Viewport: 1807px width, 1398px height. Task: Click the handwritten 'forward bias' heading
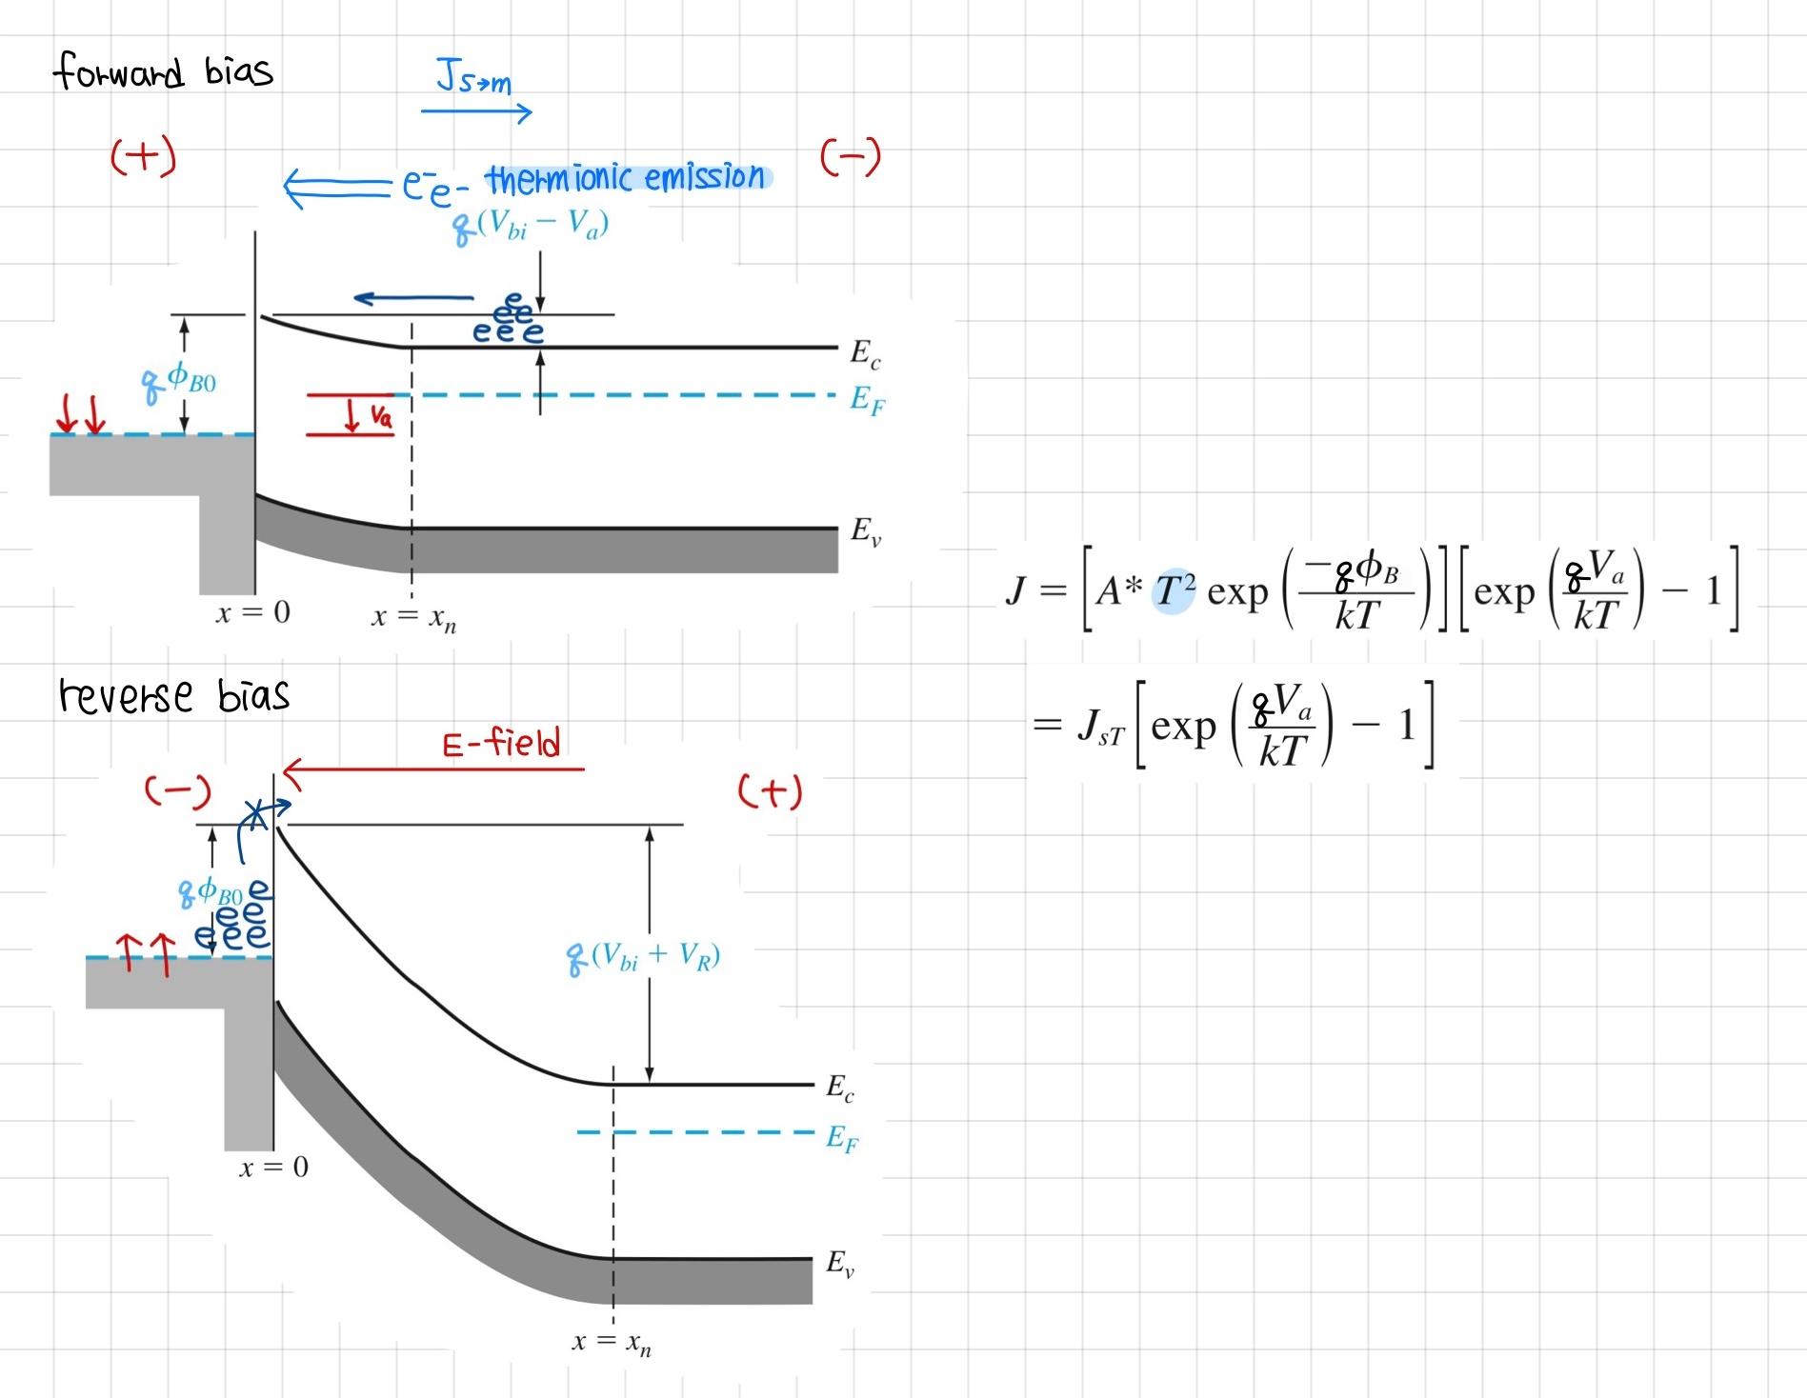click(x=163, y=72)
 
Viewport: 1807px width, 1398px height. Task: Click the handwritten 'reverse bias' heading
click(x=173, y=695)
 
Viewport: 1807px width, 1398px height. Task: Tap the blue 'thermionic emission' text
click(x=626, y=178)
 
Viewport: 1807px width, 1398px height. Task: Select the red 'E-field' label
click(x=502, y=743)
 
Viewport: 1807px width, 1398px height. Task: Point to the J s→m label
click(x=473, y=77)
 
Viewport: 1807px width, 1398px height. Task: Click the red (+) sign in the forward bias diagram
click(x=144, y=156)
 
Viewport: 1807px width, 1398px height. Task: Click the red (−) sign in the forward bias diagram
click(x=851, y=157)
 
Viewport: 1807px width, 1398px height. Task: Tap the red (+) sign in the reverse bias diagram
click(x=770, y=791)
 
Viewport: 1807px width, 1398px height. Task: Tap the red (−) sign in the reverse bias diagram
click(x=177, y=790)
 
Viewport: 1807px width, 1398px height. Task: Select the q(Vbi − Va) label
click(x=531, y=226)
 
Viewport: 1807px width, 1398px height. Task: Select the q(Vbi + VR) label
click(x=644, y=956)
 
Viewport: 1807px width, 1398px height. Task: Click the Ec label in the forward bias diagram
click(x=865, y=354)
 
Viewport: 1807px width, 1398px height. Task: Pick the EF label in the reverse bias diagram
click(x=841, y=1137)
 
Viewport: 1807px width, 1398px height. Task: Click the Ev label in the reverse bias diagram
click(x=840, y=1264)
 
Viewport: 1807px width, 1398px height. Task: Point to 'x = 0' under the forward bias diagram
click(x=252, y=612)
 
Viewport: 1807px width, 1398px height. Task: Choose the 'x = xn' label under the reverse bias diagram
click(x=612, y=1343)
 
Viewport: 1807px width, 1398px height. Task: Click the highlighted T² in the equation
click(x=1174, y=591)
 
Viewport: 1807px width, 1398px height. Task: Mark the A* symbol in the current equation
click(x=1117, y=591)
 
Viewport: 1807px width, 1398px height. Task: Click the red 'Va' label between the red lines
click(x=380, y=415)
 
